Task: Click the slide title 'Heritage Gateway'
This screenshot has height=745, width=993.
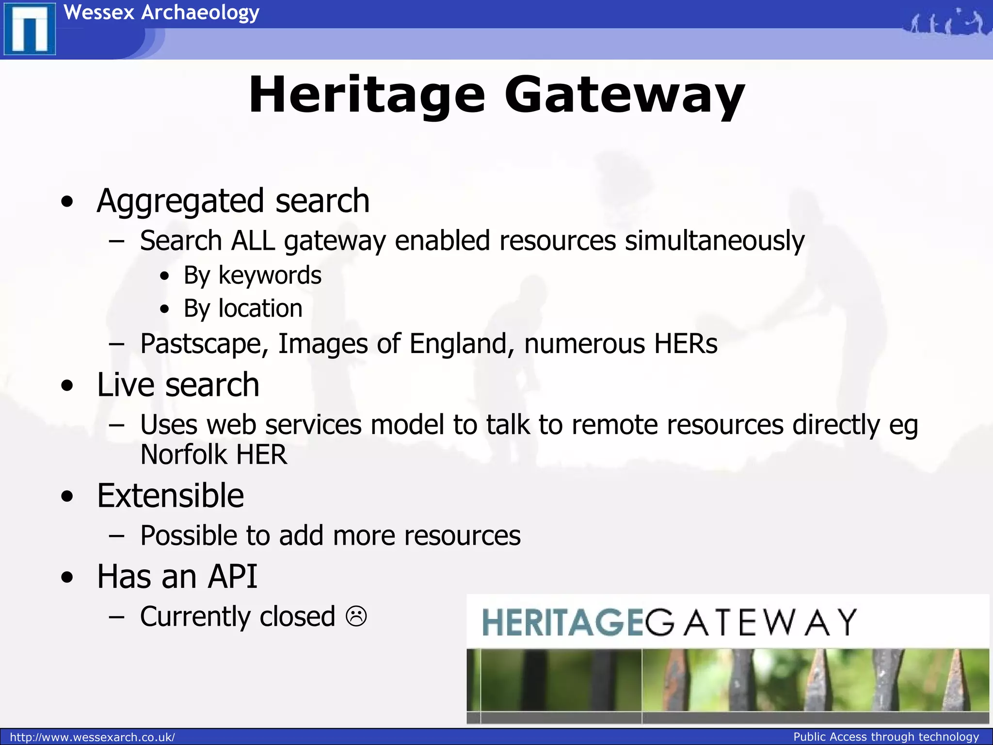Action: point(496,95)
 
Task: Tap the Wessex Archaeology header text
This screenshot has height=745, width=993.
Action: point(161,13)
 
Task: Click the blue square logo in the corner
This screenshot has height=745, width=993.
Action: point(30,30)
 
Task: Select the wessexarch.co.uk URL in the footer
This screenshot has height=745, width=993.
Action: point(92,737)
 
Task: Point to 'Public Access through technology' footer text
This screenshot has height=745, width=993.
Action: point(886,737)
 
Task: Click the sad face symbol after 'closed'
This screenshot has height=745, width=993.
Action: point(356,616)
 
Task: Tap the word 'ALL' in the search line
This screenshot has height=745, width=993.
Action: point(253,241)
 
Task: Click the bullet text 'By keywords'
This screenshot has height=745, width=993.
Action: point(252,275)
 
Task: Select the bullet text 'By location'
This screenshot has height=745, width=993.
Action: point(243,308)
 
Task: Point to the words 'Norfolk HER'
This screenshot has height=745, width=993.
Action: point(213,454)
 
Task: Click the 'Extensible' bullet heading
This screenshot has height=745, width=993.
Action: point(170,496)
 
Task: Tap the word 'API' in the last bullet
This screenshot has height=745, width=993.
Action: point(232,577)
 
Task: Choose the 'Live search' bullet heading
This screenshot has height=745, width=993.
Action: point(178,385)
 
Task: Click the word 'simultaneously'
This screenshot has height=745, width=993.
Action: point(714,241)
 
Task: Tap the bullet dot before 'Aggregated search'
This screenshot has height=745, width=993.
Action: point(68,202)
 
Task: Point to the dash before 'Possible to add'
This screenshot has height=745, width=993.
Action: point(116,536)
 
